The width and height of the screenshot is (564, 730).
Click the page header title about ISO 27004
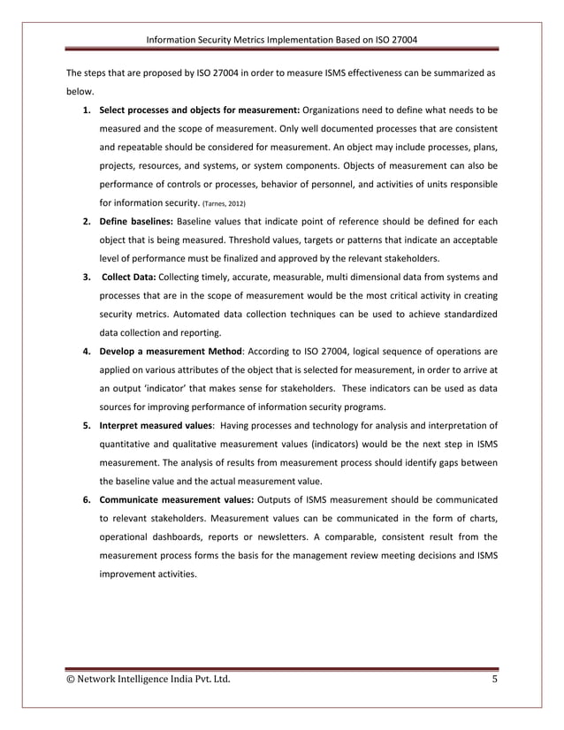tap(281, 40)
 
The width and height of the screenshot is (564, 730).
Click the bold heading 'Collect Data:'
tap(129, 278)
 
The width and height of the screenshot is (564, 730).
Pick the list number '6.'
tap(87, 499)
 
